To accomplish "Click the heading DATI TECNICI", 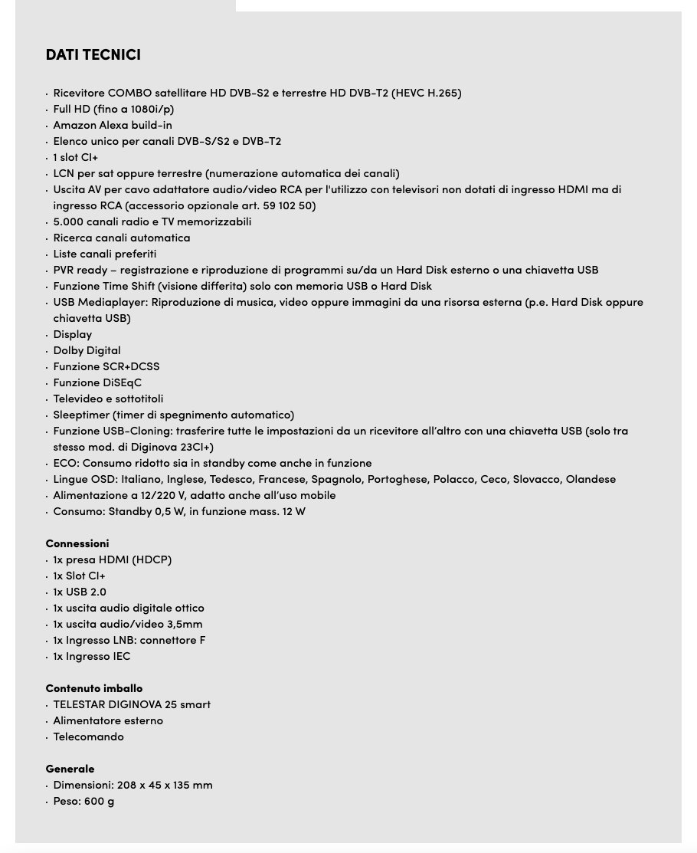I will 93,55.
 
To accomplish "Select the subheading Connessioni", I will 77,543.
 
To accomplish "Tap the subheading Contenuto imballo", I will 94,688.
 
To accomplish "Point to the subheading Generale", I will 70,769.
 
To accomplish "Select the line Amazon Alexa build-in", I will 113,126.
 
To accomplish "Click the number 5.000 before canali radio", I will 67,222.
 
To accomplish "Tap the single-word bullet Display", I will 72,335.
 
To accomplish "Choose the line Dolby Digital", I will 87,351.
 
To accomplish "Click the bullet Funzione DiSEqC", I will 97,383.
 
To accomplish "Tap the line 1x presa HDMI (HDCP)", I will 113,560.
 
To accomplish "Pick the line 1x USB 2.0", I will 80,592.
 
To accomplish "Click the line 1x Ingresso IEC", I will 92,657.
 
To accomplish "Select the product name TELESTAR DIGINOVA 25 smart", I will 132,705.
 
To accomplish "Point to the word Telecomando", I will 88,737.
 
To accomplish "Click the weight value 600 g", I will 100,802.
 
